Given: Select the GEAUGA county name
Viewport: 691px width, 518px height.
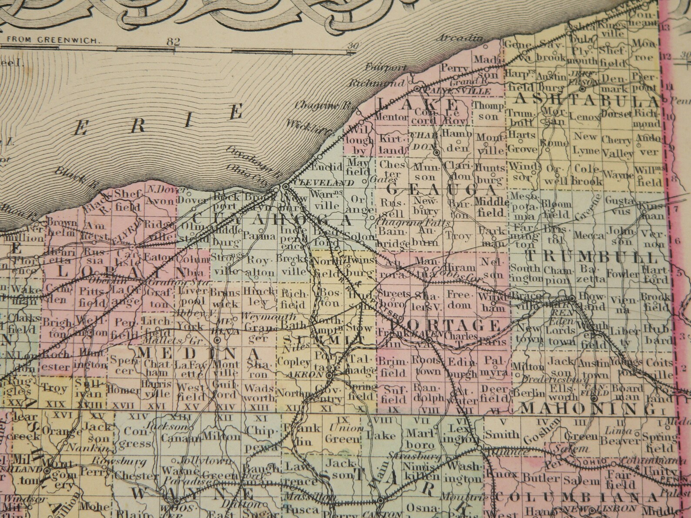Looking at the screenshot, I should click(441, 190).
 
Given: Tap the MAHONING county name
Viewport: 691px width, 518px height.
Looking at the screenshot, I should click(588, 408).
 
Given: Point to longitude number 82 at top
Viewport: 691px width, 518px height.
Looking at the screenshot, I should click(173, 42).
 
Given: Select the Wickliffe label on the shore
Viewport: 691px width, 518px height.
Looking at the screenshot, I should click(309, 126).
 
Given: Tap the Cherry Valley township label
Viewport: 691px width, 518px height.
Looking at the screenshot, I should click(617, 147).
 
